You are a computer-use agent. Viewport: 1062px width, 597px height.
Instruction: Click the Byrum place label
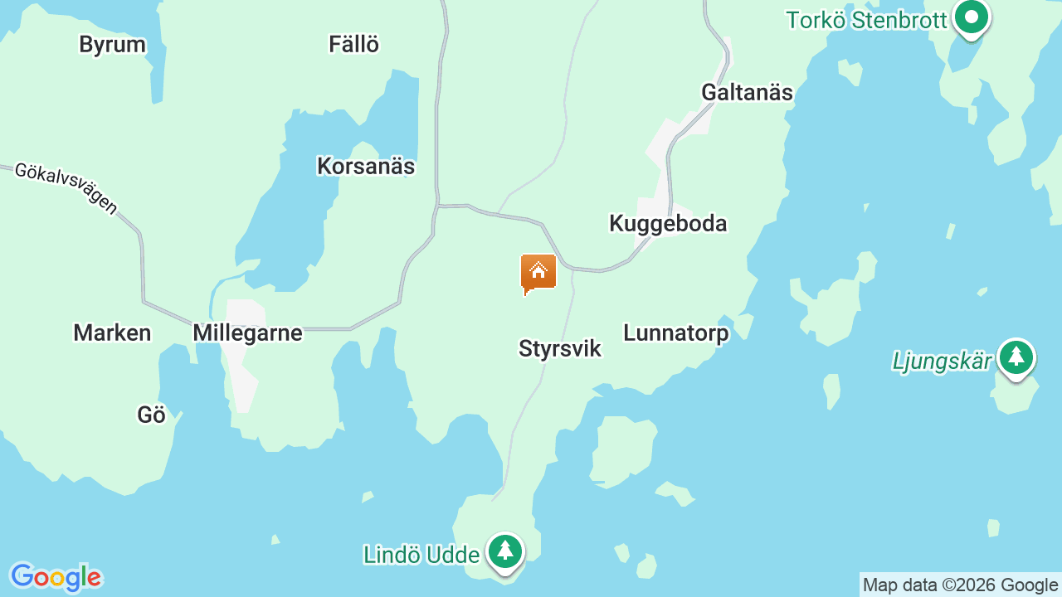point(112,45)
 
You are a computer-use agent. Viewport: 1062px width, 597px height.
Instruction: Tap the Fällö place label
point(354,45)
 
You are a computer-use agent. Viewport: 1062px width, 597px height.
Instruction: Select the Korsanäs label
point(366,167)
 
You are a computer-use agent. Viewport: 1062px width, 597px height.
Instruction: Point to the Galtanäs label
point(747,92)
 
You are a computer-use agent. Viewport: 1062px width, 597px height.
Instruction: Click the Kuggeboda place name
point(668,224)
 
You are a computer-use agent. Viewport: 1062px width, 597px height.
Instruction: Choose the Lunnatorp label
point(676,333)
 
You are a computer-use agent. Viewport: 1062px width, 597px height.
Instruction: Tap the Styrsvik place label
point(560,349)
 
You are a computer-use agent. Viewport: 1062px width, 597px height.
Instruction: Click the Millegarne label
point(247,333)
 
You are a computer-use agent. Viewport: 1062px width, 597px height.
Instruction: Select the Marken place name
point(112,333)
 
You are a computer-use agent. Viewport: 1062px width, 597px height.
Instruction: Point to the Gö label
point(152,415)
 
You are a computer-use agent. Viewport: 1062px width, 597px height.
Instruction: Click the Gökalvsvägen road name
point(67,188)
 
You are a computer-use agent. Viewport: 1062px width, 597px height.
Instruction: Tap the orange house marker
point(538,273)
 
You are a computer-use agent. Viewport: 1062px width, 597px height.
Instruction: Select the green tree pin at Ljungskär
point(1016,357)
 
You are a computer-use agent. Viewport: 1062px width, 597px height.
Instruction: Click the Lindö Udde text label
point(421,555)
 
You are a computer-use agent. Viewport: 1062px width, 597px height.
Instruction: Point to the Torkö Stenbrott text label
point(866,20)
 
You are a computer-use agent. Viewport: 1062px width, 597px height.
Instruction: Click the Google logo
point(56,577)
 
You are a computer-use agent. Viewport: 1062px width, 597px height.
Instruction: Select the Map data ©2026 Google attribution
point(960,585)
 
